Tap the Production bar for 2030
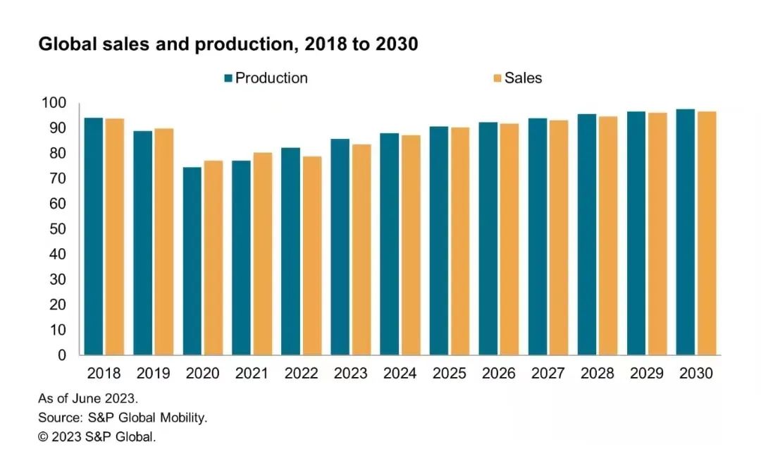tap(685, 232)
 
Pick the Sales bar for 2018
tap(115, 237)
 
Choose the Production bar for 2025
tap(438, 240)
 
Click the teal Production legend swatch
tap(228, 78)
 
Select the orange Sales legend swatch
tap(497, 78)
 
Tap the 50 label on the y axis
tap(57, 229)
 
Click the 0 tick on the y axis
tap(62, 355)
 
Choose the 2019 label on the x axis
tap(153, 374)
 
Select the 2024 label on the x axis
tap(400, 374)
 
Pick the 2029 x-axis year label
tap(646, 374)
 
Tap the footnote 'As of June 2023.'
tap(83, 398)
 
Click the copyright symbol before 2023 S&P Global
tap(44, 437)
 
